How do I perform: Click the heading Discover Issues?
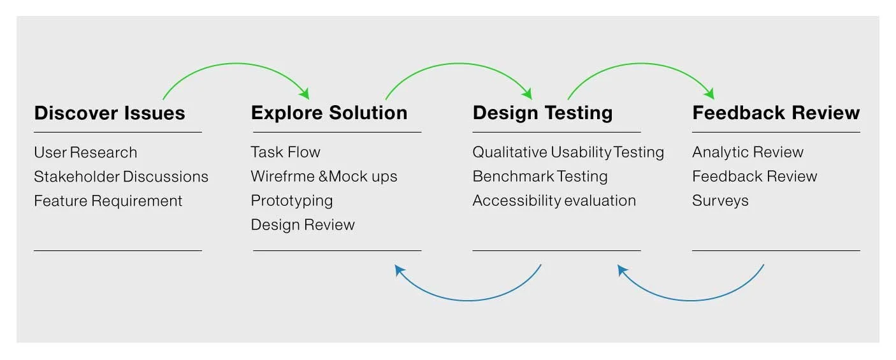coord(110,113)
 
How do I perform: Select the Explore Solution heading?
coord(329,113)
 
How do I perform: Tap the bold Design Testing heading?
coord(542,113)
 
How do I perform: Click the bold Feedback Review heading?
coord(776,113)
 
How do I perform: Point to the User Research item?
coord(85,153)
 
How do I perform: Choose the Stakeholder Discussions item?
coord(121,176)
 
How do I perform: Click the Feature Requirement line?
coord(108,201)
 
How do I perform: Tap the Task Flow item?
coord(285,152)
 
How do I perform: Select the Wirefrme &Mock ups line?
coord(324,176)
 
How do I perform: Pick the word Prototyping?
coord(291,201)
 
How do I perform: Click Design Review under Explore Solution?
coord(303,225)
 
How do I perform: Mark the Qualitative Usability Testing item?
coord(568,152)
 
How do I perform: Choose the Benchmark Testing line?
coord(540,176)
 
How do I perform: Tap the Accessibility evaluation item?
coord(554,201)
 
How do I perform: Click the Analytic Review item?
coord(748,152)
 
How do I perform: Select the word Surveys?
coord(720,201)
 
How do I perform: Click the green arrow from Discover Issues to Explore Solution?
coord(236,64)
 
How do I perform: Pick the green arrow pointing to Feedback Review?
coord(640,64)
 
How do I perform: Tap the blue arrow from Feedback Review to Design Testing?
coord(691,300)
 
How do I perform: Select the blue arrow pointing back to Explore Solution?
coord(468,300)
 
